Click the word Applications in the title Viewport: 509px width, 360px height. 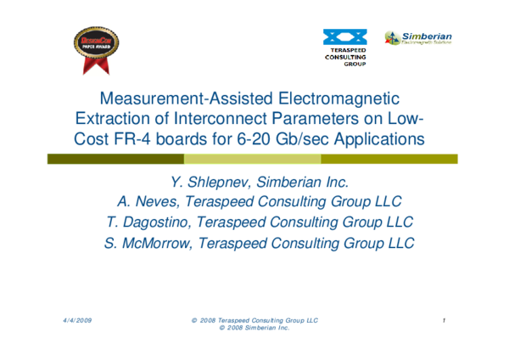pos(372,138)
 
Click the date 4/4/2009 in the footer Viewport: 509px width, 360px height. pos(77,320)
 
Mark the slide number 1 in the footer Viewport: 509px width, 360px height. pos(445,320)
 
